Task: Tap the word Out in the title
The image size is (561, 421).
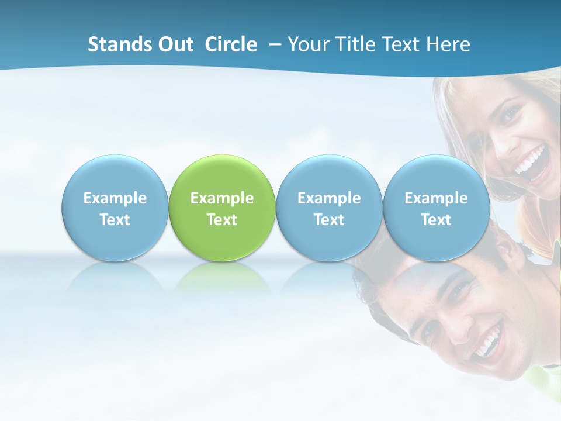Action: pos(174,44)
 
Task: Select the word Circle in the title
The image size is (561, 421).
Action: pos(231,44)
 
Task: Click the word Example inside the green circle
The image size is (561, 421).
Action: pos(222,198)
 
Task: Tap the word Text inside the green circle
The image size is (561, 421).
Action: pos(222,220)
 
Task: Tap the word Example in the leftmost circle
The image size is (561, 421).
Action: pos(115,198)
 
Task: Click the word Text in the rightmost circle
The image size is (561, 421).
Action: pos(437,220)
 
